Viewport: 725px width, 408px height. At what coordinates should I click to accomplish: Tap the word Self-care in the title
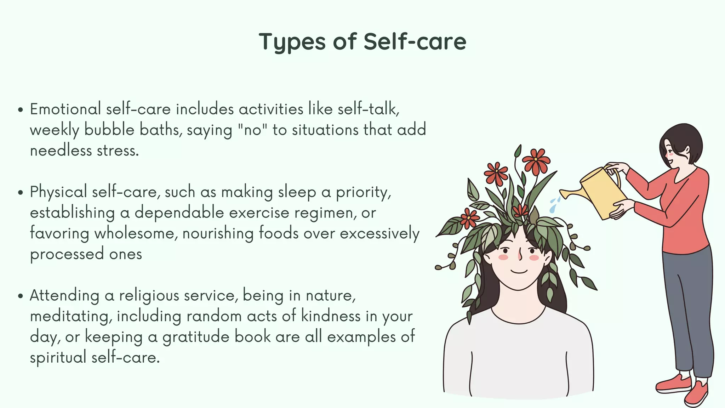point(415,42)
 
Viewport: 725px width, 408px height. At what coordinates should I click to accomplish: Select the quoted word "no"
point(252,130)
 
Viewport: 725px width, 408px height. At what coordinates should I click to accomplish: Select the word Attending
point(64,295)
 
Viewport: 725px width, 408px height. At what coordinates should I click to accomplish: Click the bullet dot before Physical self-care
point(21,193)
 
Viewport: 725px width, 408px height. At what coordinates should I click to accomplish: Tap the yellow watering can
point(602,193)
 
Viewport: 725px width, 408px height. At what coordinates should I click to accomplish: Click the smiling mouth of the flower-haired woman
point(519,272)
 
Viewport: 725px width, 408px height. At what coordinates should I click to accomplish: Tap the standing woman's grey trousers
point(687,312)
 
